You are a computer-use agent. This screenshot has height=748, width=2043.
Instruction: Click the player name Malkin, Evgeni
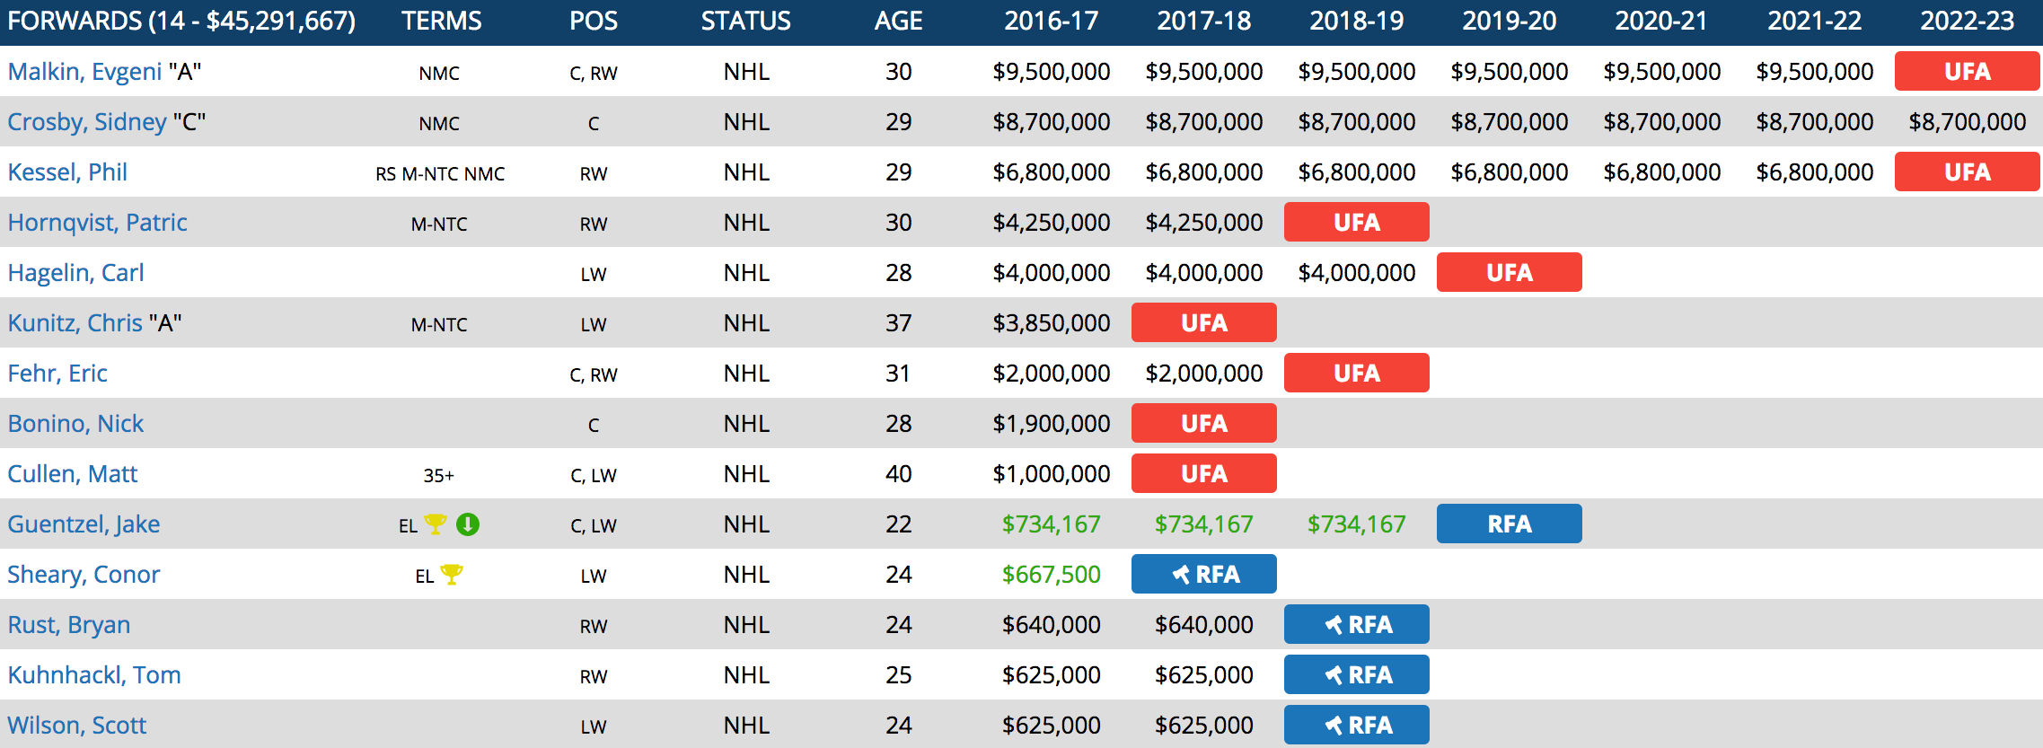point(85,72)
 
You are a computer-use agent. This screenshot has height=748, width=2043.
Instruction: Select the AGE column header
point(898,21)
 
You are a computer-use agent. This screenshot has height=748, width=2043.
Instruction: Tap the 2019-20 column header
point(1509,21)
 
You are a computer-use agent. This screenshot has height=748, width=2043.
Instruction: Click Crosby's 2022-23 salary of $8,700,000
point(1967,122)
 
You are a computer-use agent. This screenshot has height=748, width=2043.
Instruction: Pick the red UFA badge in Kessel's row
point(1967,172)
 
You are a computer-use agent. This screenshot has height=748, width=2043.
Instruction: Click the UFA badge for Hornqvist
point(1356,222)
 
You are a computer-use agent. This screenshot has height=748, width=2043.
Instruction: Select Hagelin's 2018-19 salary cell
point(1356,273)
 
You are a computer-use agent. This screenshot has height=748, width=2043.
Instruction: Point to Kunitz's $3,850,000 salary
point(1051,323)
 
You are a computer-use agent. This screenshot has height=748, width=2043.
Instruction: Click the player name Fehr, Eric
point(57,374)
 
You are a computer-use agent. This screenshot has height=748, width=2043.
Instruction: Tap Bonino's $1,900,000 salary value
point(1051,424)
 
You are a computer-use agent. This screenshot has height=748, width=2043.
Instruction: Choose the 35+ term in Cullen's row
point(438,475)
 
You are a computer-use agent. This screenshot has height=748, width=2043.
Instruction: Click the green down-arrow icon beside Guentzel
point(468,524)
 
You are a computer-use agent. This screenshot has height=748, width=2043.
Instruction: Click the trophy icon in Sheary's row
point(452,574)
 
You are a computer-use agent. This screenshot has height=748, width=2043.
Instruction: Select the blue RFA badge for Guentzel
point(1509,524)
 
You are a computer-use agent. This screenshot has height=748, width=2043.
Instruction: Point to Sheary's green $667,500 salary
point(1051,575)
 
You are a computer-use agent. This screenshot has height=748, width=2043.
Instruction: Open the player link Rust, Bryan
point(69,625)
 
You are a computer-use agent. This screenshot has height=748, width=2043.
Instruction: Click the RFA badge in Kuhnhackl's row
point(1356,674)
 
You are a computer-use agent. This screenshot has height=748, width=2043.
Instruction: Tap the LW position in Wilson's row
point(593,726)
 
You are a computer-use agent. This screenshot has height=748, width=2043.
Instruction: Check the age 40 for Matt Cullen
point(898,474)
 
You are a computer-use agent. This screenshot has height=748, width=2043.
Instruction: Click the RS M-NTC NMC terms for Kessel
point(439,173)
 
